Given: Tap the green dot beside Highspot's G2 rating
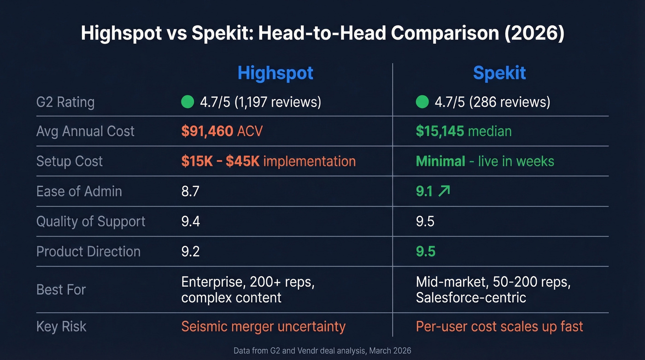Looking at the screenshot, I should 188,101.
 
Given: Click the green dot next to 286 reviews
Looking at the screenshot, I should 422,101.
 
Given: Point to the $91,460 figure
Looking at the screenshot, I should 207,131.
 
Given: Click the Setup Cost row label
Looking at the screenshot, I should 70,161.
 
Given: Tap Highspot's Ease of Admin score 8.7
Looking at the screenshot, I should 190,191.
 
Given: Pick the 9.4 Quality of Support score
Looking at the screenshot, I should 190,221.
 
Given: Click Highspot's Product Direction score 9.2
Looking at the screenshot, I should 190,252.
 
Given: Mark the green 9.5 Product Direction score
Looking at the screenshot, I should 425,252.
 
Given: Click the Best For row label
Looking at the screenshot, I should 61,289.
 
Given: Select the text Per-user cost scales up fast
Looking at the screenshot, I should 499,326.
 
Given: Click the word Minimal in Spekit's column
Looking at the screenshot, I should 440,161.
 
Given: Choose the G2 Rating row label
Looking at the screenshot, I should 65,101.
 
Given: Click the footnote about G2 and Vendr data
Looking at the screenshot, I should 322,351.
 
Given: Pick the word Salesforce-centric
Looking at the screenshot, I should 471,297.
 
